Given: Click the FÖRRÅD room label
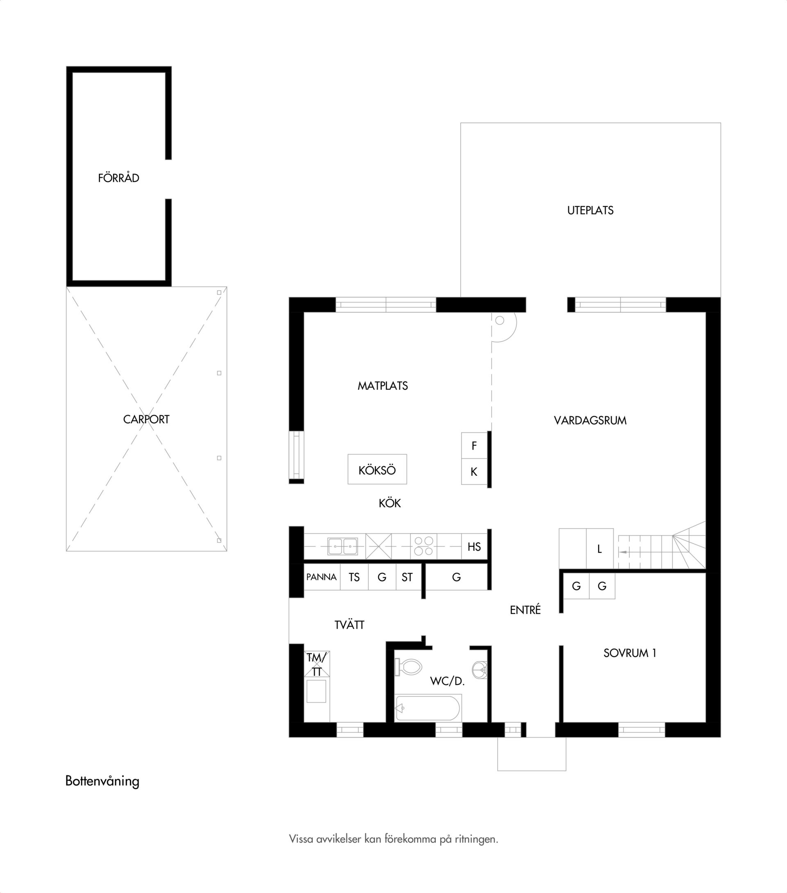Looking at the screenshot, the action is [118, 178].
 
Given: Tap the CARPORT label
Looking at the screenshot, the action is [146, 419].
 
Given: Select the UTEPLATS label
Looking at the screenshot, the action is [590, 211].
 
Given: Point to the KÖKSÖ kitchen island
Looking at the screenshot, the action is [377, 469].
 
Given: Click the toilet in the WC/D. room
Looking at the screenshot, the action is [408, 667].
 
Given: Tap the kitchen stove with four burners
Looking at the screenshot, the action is [423, 546].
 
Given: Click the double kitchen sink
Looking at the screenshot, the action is [343, 547].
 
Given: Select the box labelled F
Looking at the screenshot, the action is [474, 445].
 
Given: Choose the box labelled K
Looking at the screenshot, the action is [474, 472].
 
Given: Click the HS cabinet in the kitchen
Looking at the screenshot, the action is [474, 547].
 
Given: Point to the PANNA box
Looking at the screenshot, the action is [322, 577].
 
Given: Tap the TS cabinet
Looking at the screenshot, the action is [355, 577].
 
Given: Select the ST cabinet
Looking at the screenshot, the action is [407, 577].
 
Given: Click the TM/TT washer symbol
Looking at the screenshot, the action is [317, 664].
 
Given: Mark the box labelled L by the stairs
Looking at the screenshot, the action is [600, 549].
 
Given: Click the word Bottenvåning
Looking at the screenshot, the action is [102, 781].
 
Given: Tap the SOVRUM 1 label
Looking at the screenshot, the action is [630, 653].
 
